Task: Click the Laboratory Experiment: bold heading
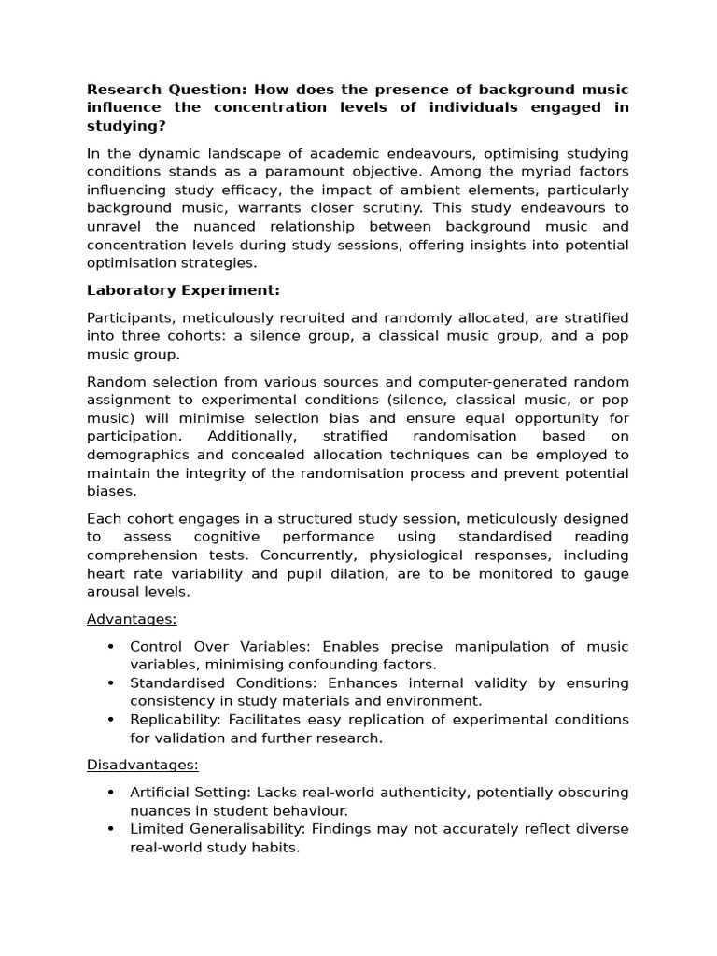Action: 183,290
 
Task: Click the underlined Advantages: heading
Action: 132,619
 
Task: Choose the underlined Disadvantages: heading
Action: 143,765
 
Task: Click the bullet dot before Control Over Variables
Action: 111,647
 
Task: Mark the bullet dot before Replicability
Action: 111,720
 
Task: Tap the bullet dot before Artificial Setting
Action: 111,793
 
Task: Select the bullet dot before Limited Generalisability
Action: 111,829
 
